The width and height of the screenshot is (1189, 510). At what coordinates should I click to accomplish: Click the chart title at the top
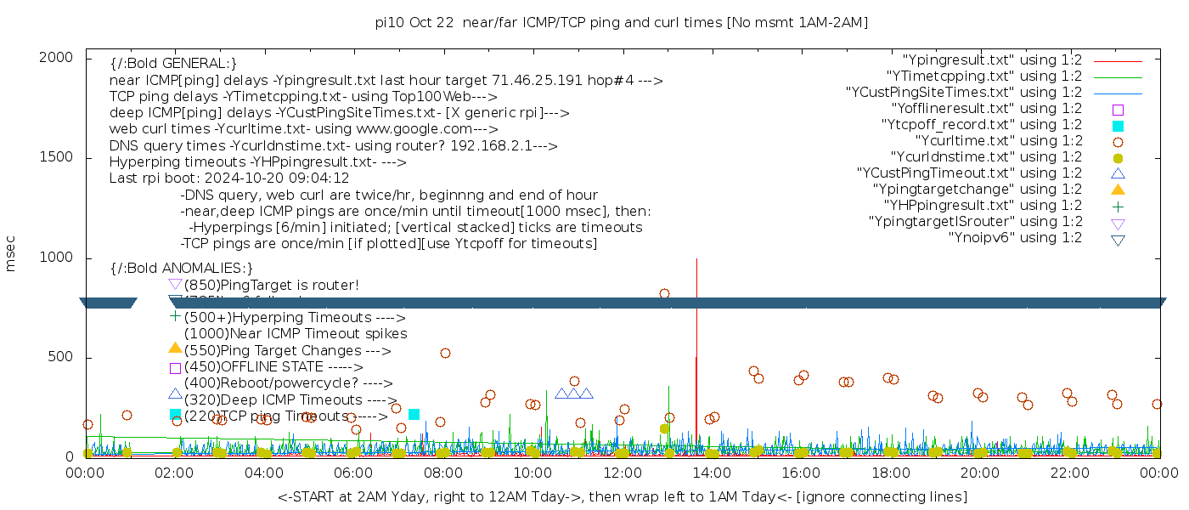click(622, 23)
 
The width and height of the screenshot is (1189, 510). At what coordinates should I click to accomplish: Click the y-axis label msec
click(11, 256)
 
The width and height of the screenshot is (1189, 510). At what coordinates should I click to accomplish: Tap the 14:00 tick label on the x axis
click(712, 473)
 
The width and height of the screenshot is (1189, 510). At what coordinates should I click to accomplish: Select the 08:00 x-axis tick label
click(443, 473)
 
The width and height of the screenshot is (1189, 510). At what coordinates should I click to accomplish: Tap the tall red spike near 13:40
click(696, 340)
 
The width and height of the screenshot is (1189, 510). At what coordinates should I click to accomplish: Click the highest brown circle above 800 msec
click(664, 293)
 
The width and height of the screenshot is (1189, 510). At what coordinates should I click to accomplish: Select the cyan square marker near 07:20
click(414, 414)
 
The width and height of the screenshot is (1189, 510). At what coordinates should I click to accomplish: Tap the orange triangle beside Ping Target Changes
click(175, 347)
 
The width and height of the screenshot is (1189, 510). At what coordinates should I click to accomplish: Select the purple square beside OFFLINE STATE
click(175, 368)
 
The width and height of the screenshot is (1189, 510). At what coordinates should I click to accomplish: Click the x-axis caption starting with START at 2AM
click(622, 496)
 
